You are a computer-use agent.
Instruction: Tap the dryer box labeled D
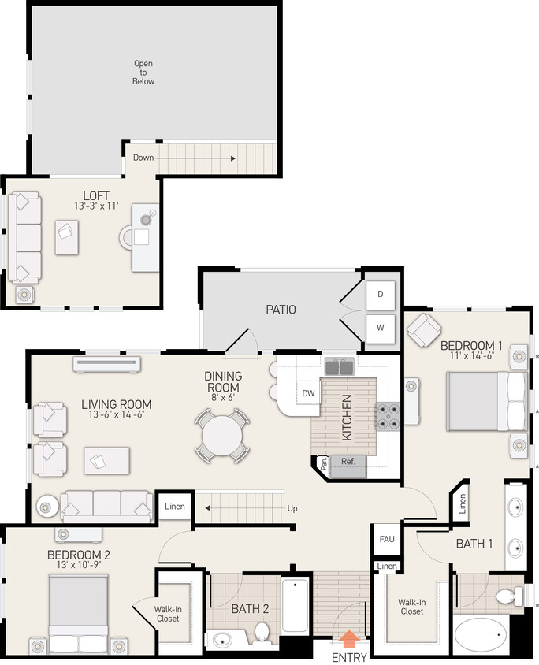[x=380, y=294]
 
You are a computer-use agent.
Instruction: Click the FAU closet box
[x=386, y=539]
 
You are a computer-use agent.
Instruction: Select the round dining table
[x=222, y=434]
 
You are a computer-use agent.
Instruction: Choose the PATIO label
[x=281, y=310]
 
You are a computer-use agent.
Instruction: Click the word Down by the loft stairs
[x=143, y=158]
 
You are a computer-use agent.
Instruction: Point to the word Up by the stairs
[x=292, y=508]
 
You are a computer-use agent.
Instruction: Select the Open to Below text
[x=143, y=72]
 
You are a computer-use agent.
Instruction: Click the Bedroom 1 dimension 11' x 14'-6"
[x=471, y=356]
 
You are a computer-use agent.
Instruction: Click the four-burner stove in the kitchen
[x=388, y=414]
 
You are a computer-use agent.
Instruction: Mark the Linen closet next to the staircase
[x=175, y=507]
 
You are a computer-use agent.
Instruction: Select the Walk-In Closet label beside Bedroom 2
[x=168, y=613]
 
